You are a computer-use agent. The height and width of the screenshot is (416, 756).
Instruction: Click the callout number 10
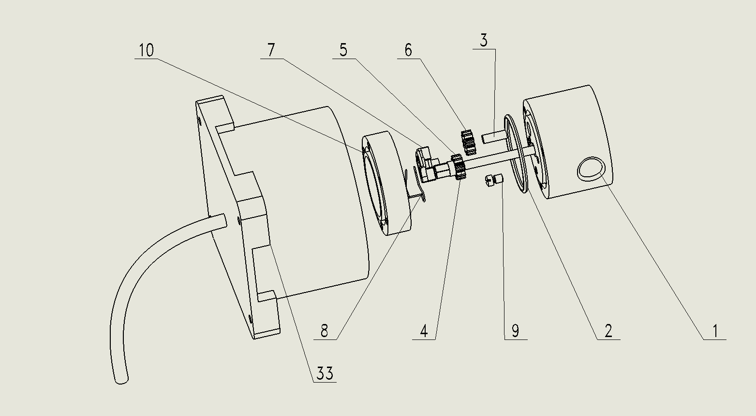[x=147, y=50]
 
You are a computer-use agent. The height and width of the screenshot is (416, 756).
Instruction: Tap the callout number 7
[x=271, y=50]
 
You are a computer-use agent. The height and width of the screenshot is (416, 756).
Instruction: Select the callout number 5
[x=343, y=50]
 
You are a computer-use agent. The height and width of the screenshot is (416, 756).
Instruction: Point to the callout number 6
[x=408, y=50]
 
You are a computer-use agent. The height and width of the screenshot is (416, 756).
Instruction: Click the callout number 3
[x=484, y=40]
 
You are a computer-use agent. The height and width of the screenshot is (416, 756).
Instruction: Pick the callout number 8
[x=325, y=331]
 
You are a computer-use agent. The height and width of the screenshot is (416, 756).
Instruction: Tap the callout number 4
[x=424, y=331]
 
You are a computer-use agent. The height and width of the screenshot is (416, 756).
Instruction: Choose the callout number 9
[x=515, y=331]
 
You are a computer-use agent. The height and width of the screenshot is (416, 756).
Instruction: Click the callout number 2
[x=608, y=331]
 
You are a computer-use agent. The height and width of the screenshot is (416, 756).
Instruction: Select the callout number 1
[x=715, y=331]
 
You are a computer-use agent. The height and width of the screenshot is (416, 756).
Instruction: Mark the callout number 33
[x=325, y=373]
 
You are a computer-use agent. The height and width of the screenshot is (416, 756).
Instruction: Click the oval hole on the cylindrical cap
[x=591, y=169]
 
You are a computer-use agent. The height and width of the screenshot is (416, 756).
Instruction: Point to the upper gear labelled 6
[x=469, y=142]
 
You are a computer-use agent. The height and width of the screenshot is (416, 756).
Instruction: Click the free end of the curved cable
[x=121, y=381]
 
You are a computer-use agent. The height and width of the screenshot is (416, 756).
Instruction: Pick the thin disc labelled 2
[x=515, y=154]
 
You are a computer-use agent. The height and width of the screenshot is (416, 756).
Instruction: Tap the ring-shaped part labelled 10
[x=386, y=183]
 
